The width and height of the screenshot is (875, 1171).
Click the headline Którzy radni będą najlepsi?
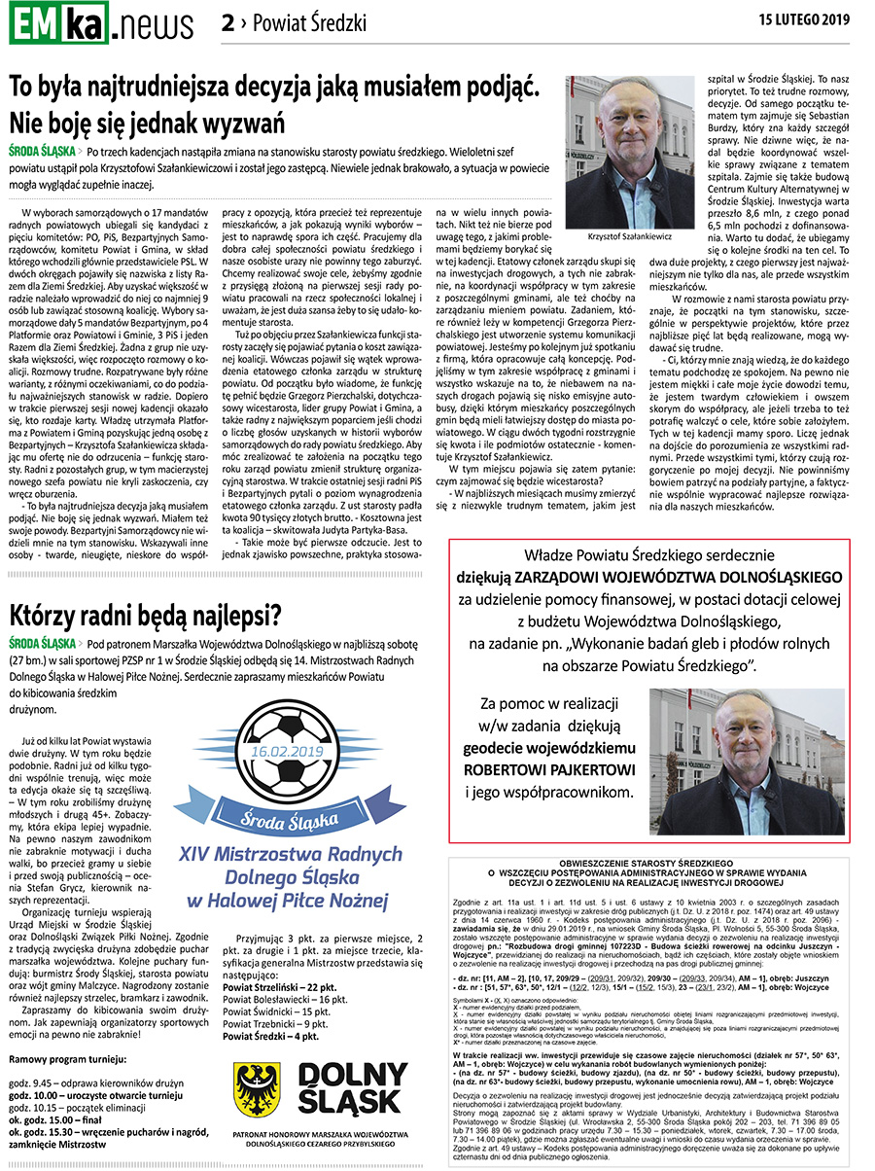pyautogui.click(x=146, y=616)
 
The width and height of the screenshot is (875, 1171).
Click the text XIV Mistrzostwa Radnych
pyautogui.click(x=291, y=855)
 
